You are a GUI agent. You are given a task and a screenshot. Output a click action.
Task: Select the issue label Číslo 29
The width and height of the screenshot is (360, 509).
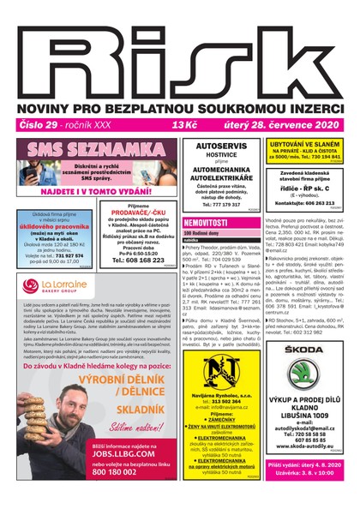(x=35, y=125)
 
